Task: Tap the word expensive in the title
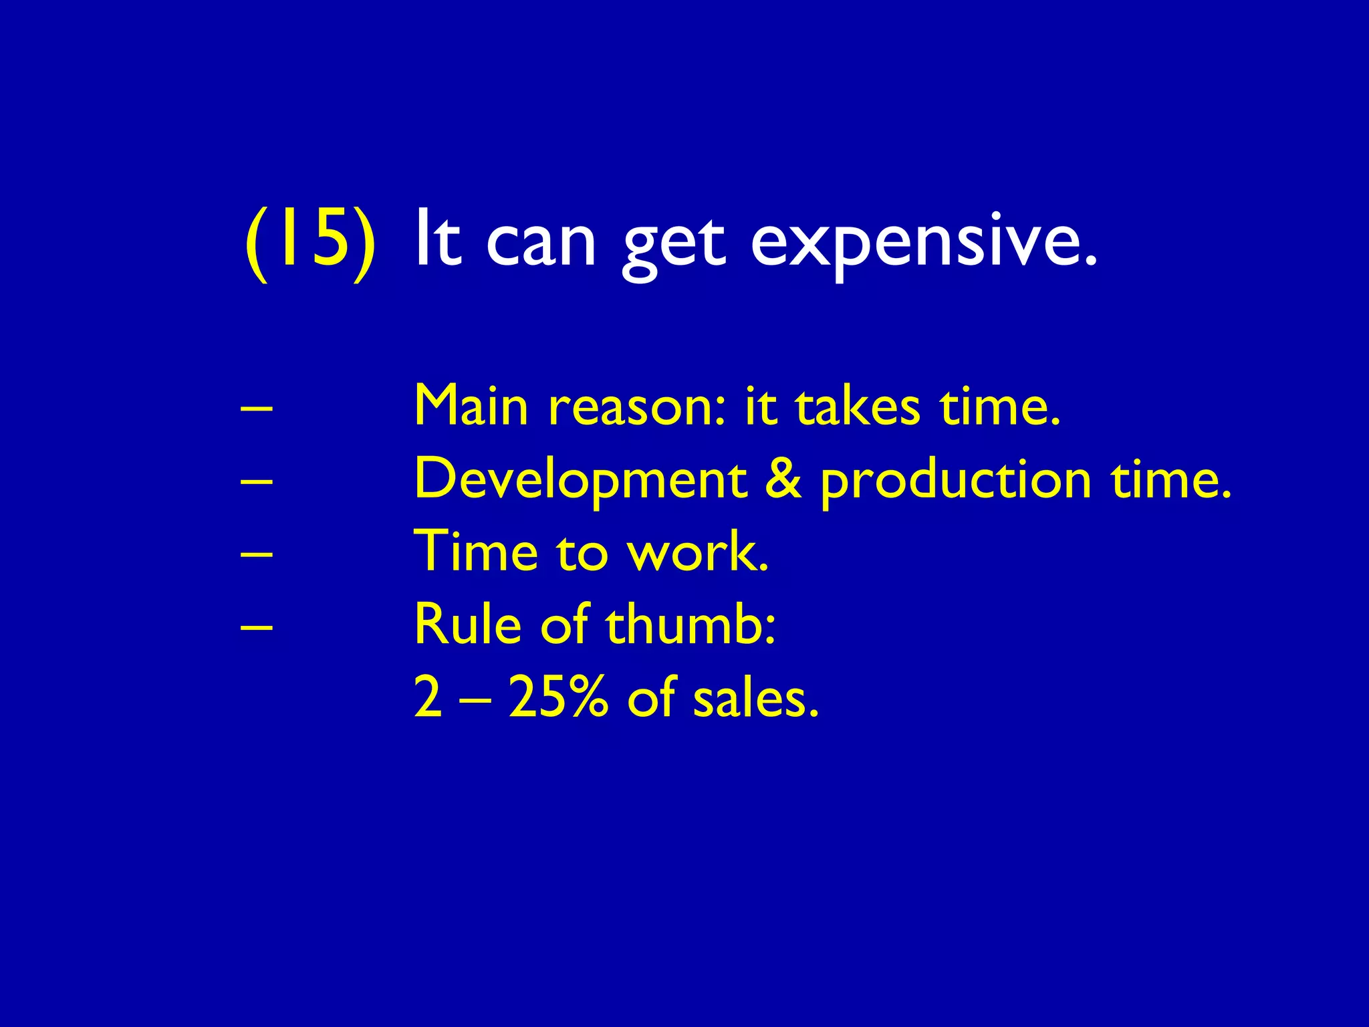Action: point(923,242)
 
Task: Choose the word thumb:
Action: point(691,624)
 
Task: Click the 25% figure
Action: point(559,697)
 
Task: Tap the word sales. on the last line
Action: point(755,697)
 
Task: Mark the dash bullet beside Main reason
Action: point(256,407)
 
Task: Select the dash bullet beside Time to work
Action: point(256,554)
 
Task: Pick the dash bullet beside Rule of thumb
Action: point(256,626)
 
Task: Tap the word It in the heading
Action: point(438,239)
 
